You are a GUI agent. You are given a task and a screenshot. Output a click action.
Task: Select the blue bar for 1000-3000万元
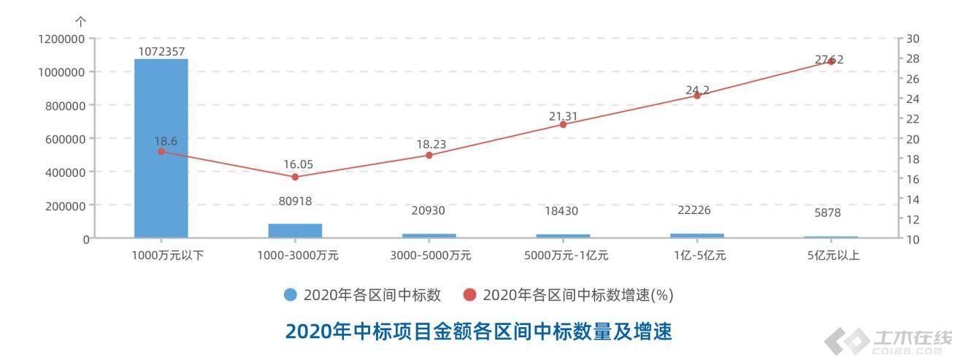(295, 230)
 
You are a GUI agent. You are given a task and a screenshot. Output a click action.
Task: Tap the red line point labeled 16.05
(295, 177)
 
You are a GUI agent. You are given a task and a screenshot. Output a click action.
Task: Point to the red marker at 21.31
(563, 124)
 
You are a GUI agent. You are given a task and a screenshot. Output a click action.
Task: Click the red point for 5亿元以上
(831, 61)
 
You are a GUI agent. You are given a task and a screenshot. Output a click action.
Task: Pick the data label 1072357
(161, 51)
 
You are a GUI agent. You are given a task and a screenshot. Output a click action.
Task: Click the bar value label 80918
(295, 201)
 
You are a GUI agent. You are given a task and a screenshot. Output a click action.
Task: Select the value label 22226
(697, 210)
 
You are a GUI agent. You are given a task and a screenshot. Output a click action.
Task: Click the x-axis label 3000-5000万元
(429, 256)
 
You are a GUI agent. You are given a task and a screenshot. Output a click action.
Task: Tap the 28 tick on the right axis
(913, 58)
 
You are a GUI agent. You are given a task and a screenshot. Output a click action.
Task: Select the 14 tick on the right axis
(913, 199)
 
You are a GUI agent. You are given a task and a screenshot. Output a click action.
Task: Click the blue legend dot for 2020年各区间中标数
(291, 295)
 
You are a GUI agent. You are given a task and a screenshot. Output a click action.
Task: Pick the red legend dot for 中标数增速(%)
(469, 295)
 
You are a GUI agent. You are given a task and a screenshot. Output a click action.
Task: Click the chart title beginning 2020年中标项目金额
(478, 332)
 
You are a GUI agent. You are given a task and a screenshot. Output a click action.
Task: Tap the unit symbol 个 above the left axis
(81, 23)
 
